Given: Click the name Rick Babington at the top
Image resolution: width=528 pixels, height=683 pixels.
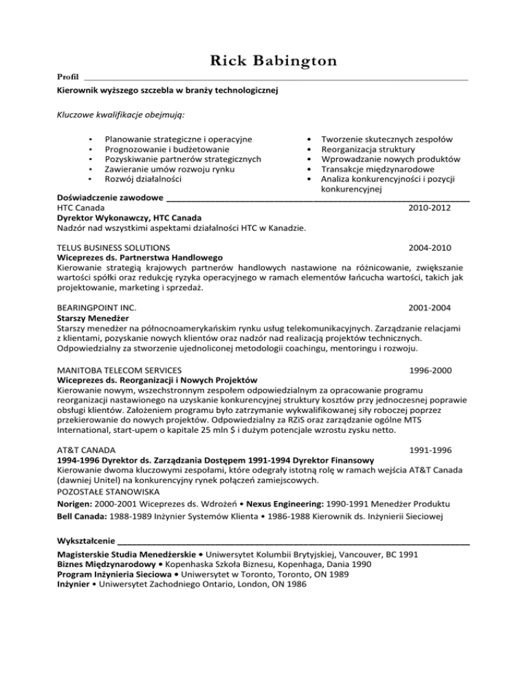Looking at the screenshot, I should coord(264,61).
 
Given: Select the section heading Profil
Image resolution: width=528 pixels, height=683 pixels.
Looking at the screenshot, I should coord(67,78).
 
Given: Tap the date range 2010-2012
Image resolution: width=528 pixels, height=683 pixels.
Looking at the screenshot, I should coord(430,208).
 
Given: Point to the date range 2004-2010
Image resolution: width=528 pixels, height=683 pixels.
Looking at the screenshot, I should coord(430,247).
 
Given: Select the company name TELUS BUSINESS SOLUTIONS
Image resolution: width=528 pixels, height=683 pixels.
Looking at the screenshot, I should coord(113,247).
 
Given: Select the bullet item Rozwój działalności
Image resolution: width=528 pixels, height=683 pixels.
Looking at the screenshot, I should coord(143,179).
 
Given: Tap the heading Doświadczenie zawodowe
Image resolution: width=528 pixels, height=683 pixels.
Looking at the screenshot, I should coord(110,199).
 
